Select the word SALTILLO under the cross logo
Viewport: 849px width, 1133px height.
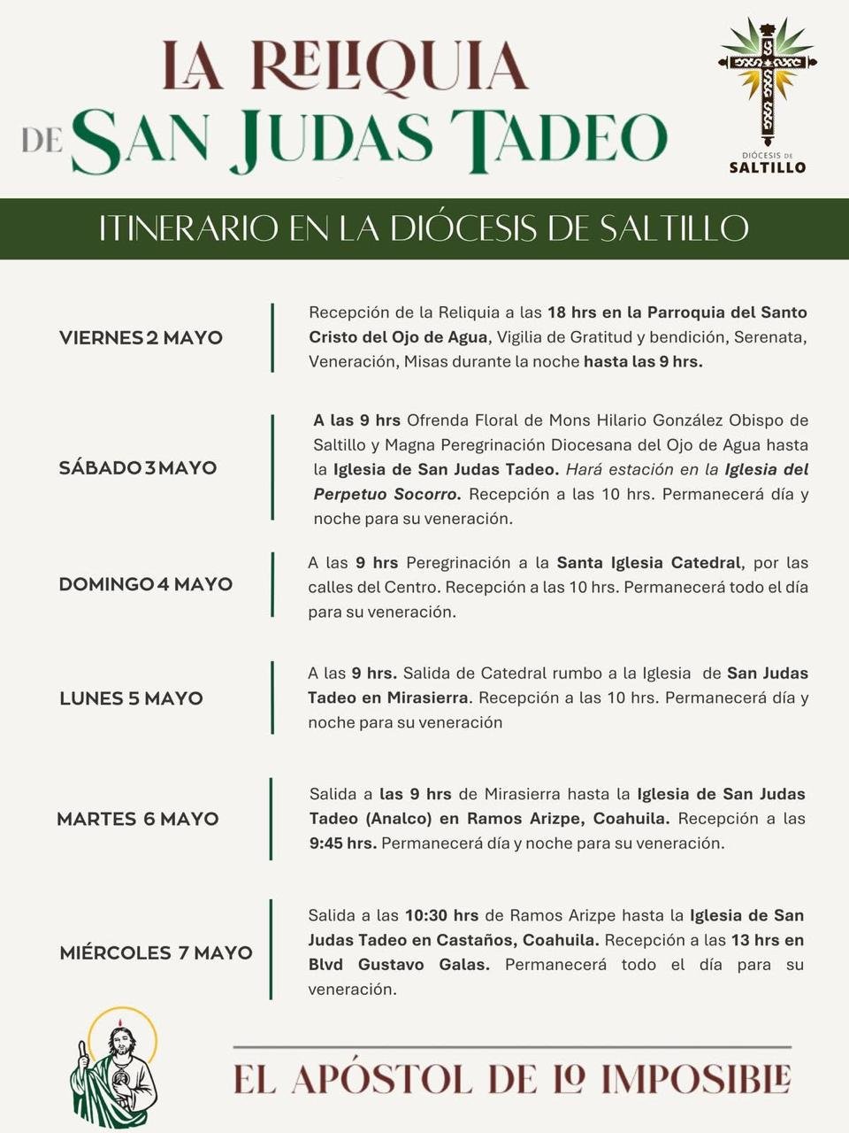tap(767, 166)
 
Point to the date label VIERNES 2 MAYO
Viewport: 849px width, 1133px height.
tap(141, 337)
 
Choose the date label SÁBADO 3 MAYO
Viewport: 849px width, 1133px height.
tap(138, 467)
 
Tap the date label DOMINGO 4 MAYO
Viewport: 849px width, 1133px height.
tap(146, 584)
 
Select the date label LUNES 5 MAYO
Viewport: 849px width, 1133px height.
tap(131, 698)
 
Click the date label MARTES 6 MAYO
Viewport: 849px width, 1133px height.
tap(138, 819)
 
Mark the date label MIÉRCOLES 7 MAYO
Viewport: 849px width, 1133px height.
tap(156, 953)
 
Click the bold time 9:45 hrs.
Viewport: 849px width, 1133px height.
tap(343, 844)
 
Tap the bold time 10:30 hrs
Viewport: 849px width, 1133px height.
tap(441, 915)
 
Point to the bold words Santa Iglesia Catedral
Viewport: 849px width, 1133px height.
tap(648, 563)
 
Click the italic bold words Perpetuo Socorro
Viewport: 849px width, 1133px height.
tap(386, 494)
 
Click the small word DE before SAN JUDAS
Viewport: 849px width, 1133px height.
tap(42, 141)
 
